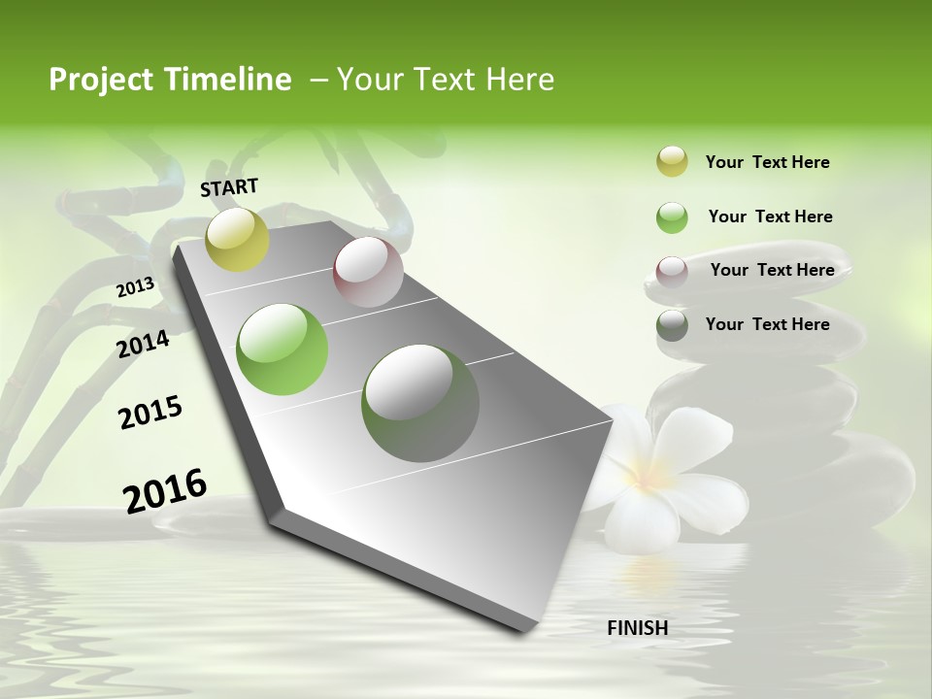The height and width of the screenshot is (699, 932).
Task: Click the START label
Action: click(x=229, y=186)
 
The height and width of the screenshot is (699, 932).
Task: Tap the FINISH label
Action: click(x=637, y=628)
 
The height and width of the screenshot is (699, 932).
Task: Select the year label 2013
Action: click(x=135, y=287)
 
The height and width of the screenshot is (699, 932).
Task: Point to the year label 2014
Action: click(x=143, y=344)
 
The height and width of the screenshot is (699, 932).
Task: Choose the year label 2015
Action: click(x=150, y=413)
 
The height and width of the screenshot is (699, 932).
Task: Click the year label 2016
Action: click(x=165, y=490)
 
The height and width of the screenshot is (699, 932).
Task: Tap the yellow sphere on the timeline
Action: click(x=238, y=239)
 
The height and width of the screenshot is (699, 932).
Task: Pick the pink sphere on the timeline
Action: click(x=368, y=272)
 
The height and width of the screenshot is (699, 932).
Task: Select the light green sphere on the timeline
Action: click(x=283, y=349)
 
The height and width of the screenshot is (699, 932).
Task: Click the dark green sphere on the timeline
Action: click(x=420, y=403)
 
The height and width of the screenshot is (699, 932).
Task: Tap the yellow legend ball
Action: click(x=672, y=161)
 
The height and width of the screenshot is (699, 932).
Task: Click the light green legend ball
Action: click(x=672, y=217)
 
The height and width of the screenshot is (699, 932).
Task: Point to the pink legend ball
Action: click(x=672, y=272)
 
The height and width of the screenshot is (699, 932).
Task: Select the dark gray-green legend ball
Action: click(x=672, y=325)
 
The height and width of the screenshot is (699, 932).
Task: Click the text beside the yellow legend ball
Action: click(x=767, y=162)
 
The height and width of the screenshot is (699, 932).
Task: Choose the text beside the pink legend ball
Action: click(x=772, y=270)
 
